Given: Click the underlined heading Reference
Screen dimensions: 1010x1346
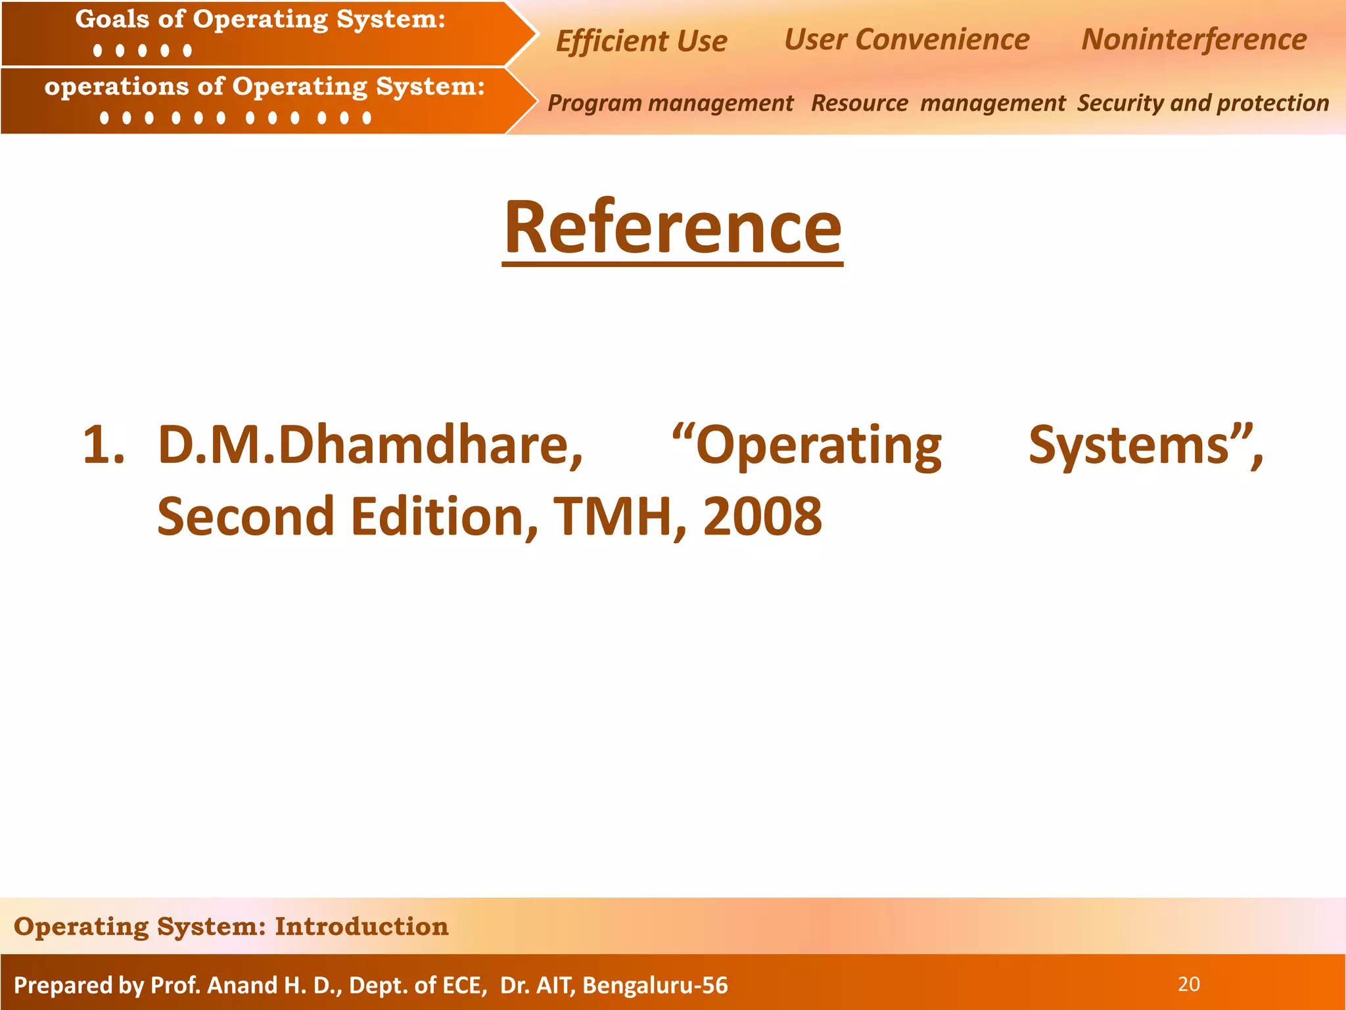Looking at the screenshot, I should pyautogui.click(x=672, y=228).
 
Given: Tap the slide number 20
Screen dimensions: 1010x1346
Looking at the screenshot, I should pyautogui.click(x=1189, y=984).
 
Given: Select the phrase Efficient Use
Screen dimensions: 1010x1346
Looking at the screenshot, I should pyautogui.click(x=641, y=41).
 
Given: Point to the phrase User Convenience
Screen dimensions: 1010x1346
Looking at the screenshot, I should pyautogui.click(x=906, y=39).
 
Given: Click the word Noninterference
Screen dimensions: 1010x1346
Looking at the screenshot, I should pyautogui.click(x=1194, y=39).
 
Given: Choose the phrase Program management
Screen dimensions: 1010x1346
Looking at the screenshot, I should pyautogui.click(x=670, y=103).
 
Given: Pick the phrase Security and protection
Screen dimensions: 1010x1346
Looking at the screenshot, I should pyautogui.click(x=1203, y=103).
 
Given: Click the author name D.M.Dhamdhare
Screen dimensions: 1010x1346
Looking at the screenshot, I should pyautogui.click(x=370, y=446).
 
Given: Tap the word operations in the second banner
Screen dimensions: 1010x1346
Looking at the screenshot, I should pyautogui.click(x=116, y=86).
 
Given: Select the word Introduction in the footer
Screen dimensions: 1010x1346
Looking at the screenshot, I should pyautogui.click(x=361, y=926).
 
